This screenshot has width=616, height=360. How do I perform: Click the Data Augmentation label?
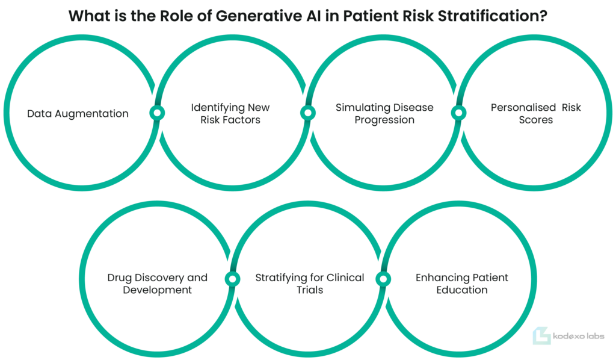pos(78,114)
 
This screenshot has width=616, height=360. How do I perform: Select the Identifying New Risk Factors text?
pos(230,113)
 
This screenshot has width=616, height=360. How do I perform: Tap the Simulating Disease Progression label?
pos(384,113)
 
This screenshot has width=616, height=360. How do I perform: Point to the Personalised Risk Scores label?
pos(535,113)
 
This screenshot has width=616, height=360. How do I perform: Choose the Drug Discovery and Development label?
pos(157,284)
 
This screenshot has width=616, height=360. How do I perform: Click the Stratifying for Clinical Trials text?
pos(310,284)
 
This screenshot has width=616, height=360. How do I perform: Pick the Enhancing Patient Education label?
pos(461,284)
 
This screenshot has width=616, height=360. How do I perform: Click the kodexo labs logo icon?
pos(541,336)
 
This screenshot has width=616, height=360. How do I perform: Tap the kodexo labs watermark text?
pos(578,336)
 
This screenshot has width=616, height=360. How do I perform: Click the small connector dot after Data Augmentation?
pos(157,113)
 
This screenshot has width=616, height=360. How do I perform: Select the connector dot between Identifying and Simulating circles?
pos(308,113)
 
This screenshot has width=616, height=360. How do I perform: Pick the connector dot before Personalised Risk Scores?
pos(458,113)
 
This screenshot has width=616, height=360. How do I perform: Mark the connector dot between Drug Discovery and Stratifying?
pos(233,279)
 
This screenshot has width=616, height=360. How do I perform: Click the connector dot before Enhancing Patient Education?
pos(383,279)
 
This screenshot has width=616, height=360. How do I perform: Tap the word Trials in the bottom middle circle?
pos(310,290)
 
